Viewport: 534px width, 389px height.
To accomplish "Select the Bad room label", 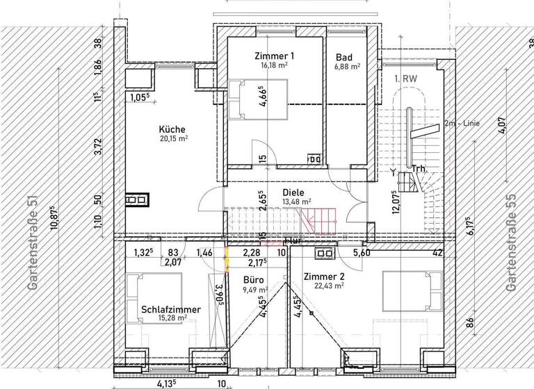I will click(x=344, y=57).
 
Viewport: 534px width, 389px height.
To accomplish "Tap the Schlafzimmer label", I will click(x=171, y=309).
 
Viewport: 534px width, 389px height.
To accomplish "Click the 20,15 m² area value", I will click(x=174, y=138).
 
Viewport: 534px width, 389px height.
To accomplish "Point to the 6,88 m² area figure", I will click(x=346, y=67).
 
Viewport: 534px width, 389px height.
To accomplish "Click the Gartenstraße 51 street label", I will click(x=31, y=242).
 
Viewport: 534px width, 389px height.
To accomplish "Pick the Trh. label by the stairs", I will click(x=419, y=169).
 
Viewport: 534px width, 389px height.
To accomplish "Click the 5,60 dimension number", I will click(x=362, y=254).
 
